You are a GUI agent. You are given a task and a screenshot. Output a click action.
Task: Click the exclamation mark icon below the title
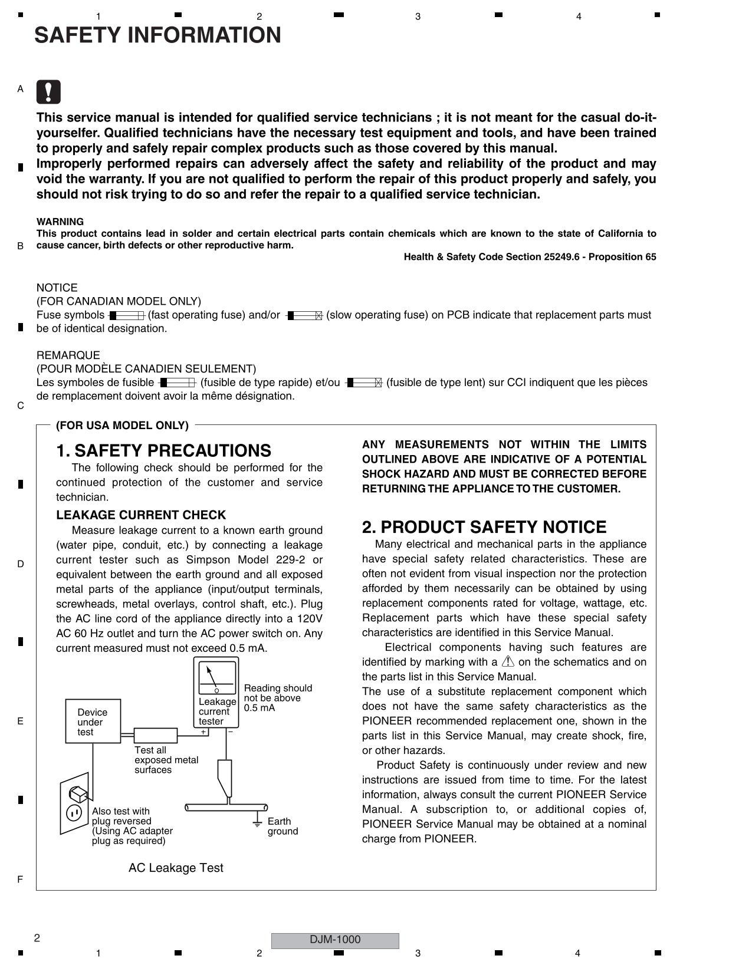(48, 92)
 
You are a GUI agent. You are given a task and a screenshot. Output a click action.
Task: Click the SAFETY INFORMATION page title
(157, 35)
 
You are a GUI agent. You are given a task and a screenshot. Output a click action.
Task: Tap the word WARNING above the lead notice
(60, 222)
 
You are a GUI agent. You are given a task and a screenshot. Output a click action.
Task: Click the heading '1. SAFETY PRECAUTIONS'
(163, 451)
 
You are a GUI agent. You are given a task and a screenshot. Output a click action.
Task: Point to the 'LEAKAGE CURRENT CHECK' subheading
(141, 515)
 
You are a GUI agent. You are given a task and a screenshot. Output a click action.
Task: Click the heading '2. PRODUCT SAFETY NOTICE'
(484, 527)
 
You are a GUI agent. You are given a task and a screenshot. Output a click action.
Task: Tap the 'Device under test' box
(93, 721)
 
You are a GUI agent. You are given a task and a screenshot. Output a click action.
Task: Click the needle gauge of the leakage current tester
(216, 678)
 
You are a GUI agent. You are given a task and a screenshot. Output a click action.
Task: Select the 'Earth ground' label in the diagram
(283, 826)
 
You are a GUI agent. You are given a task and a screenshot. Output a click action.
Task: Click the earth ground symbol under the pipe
(257, 822)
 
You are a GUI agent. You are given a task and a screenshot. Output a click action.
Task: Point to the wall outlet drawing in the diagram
(75, 805)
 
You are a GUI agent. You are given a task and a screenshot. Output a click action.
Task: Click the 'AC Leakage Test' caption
(176, 868)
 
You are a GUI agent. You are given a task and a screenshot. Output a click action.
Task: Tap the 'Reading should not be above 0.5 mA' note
(277, 698)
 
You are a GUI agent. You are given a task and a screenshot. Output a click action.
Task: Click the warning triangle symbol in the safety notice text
(508, 661)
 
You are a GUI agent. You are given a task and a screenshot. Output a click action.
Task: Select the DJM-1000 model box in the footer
(334, 940)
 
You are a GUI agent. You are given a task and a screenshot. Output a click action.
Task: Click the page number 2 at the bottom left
(37, 938)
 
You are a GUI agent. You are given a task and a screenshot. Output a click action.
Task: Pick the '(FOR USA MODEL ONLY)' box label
(122, 425)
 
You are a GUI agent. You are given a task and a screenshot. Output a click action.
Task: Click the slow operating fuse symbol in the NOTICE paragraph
(304, 315)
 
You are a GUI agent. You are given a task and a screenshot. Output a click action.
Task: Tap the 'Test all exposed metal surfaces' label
(166, 760)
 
